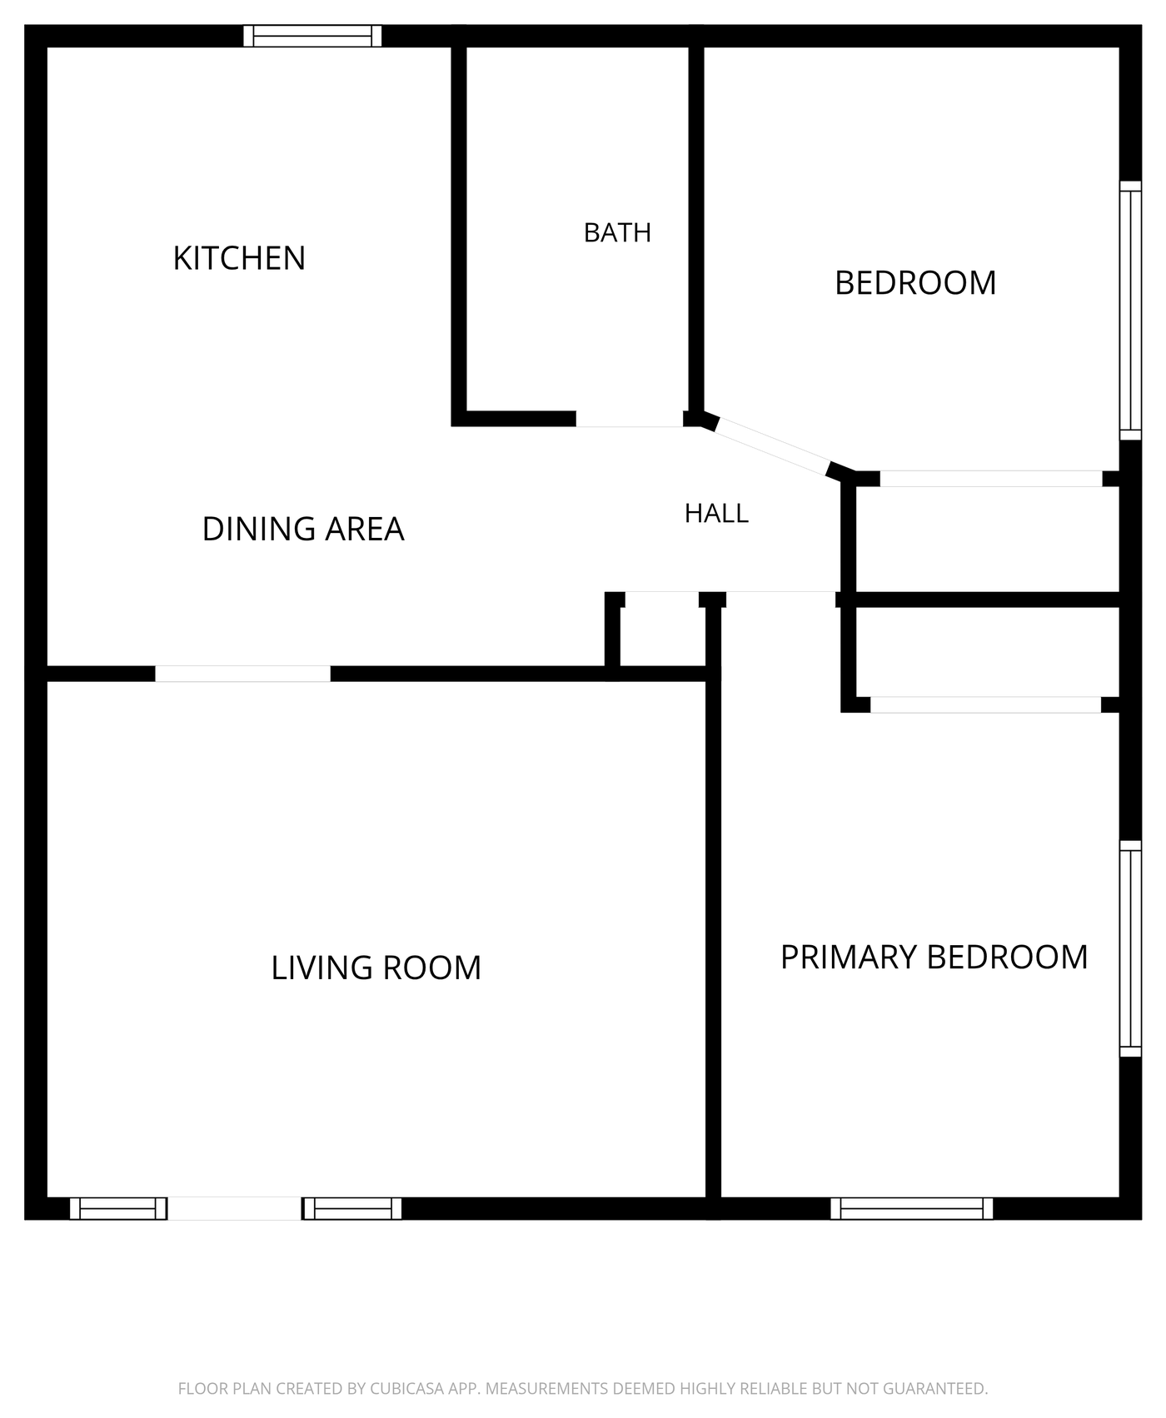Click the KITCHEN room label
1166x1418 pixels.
[239, 258]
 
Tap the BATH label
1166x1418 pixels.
[617, 232]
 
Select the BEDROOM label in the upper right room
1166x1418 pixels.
[915, 283]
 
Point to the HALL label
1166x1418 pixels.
[716, 514]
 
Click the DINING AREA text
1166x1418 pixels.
[303, 529]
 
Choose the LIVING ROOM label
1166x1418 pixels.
[376, 968]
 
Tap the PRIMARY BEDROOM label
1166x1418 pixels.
[934, 958]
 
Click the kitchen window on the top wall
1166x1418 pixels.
[312, 36]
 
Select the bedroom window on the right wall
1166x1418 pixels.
[1130, 310]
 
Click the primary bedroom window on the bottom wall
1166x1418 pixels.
[912, 1208]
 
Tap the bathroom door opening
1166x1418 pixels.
[630, 419]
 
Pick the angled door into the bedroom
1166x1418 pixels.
[771, 445]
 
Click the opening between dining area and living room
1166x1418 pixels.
[243, 674]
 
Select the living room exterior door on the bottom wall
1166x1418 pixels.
[235, 1208]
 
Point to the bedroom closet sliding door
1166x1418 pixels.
[991, 479]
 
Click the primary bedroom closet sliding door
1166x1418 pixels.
[985, 704]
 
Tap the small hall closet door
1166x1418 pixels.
[661, 600]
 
